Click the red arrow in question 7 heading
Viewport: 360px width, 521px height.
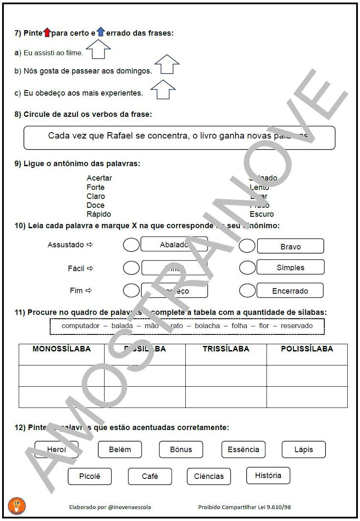tap(47, 32)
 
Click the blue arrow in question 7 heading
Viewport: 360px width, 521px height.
tap(100, 31)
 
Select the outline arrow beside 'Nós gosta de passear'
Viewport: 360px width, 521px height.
tap(167, 65)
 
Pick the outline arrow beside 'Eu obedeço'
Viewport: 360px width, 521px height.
tap(163, 89)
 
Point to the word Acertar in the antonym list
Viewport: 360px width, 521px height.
tap(99, 178)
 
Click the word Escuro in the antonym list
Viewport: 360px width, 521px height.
tap(262, 214)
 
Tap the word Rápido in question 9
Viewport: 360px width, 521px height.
tap(99, 214)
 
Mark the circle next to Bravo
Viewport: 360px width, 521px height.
tap(247, 246)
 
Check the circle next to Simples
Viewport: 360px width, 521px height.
tap(247, 268)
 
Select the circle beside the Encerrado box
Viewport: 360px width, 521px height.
tap(247, 291)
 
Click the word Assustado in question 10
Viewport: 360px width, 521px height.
tap(66, 245)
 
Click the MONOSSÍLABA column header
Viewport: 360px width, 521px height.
tap(62, 349)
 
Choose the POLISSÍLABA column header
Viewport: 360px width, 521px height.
tap(307, 349)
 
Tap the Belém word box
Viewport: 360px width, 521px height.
tap(120, 450)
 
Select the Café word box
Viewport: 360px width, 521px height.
tap(150, 476)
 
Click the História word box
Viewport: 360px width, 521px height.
tap(268, 476)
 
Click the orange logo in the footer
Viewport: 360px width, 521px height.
tap(17, 506)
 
